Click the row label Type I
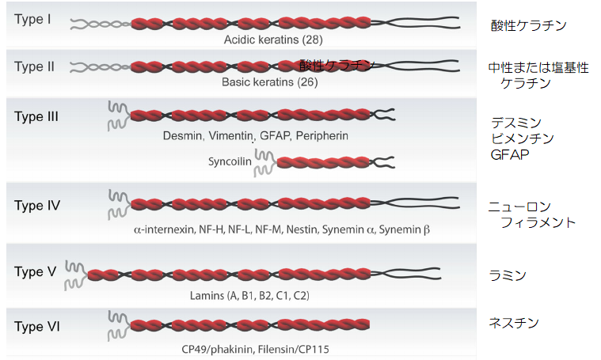(x=32, y=18)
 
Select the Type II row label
(x=34, y=66)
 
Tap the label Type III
(x=36, y=116)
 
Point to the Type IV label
(x=37, y=206)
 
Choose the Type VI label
(x=36, y=326)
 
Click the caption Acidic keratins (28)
(x=273, y=38)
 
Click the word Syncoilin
(x=230, y=161)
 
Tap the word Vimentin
(x=232, y=136)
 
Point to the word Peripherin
(x=322, y=136)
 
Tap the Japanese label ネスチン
(x=515, y=322)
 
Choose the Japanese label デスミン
(x=515, y=123)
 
